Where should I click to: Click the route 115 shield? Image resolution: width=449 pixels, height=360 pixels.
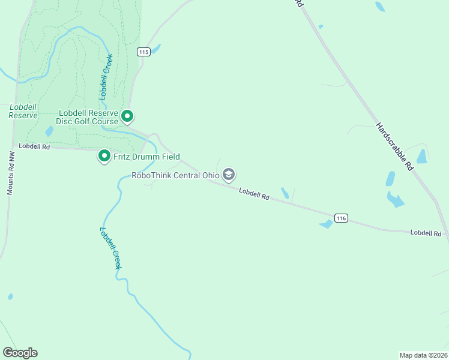(x=143, y=52)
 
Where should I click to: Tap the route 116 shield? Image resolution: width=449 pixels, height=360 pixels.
(x=341, y=218)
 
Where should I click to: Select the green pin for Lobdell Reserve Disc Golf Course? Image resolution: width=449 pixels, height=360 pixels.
(x=127, y=116)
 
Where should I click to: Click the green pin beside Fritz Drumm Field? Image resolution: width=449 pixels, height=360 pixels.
(x=104, y=157)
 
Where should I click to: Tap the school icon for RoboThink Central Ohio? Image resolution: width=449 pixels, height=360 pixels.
(x=228, y=175)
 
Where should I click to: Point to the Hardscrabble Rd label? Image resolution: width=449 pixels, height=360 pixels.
(x=394, y=146)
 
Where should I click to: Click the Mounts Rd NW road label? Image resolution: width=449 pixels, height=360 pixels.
(x=10, y=172)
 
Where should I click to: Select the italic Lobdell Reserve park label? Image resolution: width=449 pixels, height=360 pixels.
(x=23, y=111)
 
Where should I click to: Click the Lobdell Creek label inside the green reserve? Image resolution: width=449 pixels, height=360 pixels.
(x=106, y=76)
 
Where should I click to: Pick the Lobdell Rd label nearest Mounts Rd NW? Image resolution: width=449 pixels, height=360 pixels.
(x=34, y=146)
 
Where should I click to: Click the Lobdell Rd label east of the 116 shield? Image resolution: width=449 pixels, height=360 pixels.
(x=426, y=233)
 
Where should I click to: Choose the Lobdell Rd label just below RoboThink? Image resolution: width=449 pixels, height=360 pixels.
(x=254, y=194)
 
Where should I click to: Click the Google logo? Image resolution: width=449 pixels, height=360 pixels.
(x=20, y=353)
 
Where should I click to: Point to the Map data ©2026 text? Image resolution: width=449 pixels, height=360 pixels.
(x=423, y=354)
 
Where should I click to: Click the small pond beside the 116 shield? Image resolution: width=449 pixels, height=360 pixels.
(x=326, y=224)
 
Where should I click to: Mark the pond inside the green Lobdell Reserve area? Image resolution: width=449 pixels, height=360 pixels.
(x=49, y=131)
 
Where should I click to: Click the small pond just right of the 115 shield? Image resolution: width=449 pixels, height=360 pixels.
(x=156, y=49)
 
